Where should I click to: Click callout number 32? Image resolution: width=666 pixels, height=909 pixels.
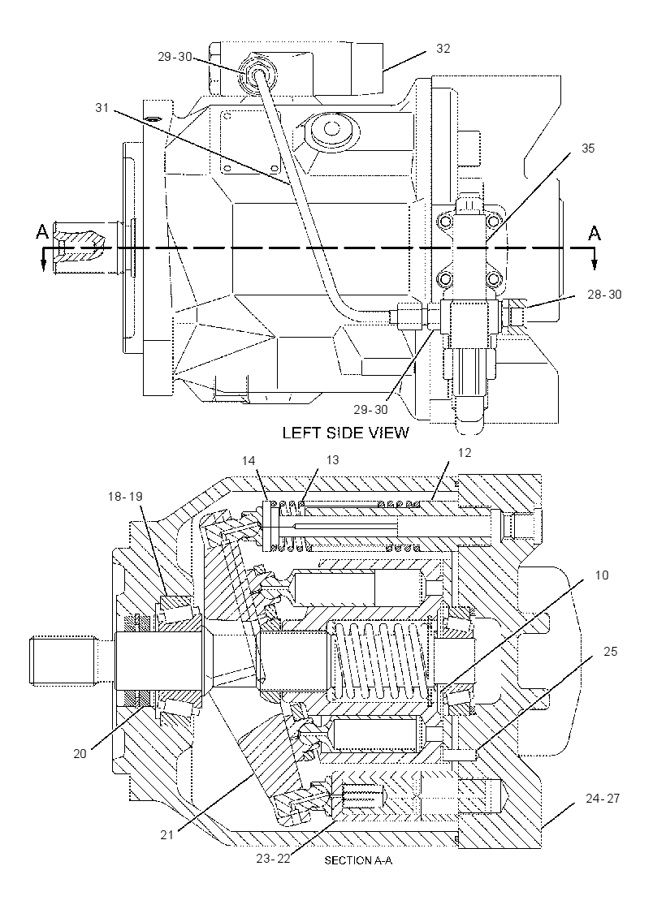tap(443, 49)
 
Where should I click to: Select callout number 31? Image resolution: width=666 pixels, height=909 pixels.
tap(102, 108)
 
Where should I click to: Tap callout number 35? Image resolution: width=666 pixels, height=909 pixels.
tap(588, 149)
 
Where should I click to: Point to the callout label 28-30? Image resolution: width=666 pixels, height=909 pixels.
tap(604, 295)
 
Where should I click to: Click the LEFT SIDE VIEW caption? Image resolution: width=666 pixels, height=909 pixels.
tap(345, 433)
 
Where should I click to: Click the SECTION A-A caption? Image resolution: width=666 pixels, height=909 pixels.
tap(358, 861)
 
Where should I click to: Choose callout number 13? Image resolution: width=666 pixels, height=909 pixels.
tap(332, 459)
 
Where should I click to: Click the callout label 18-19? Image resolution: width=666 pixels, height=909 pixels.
tap(125, 496)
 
